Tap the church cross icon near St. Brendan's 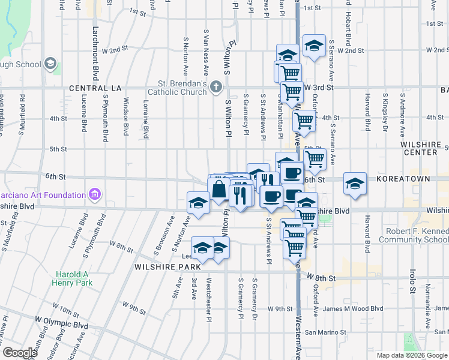tap(216, 88)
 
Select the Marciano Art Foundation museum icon tap(94, 194)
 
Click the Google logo tap(19, 353)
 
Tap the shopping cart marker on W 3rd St tap(292, 92)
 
